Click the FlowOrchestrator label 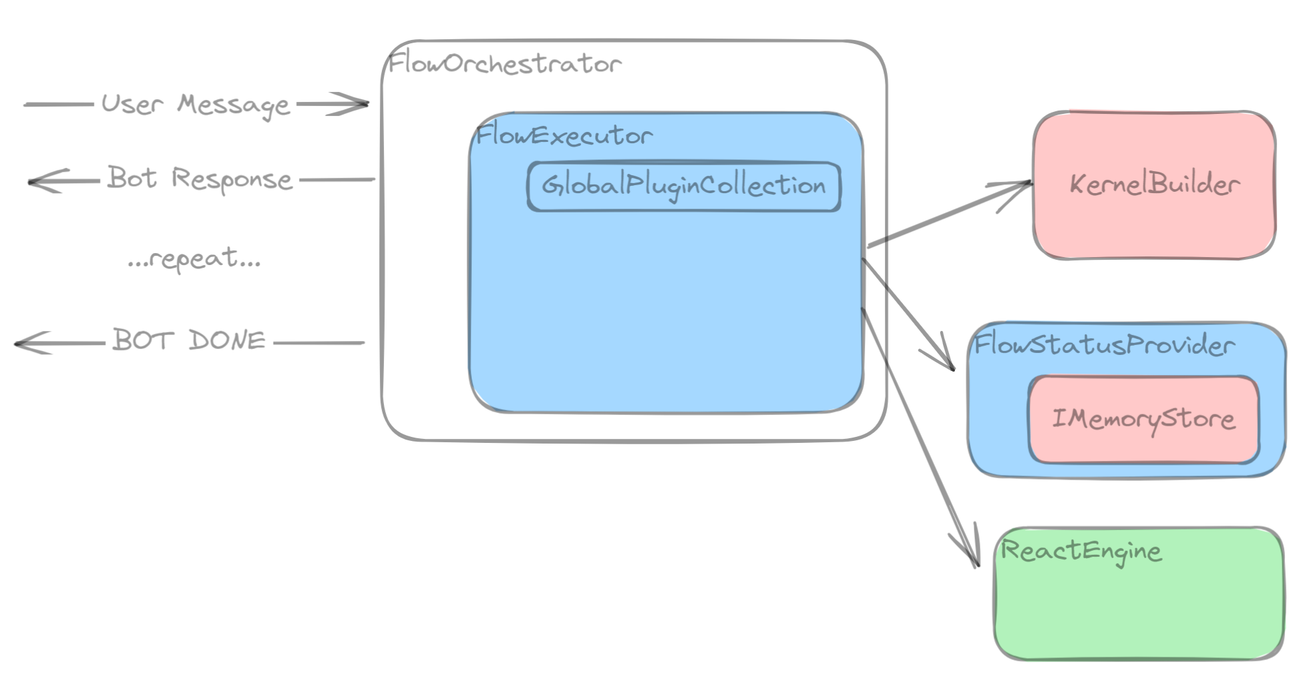point(504,64)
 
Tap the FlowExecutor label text point(564,136)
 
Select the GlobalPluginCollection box point(684,186)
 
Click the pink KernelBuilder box point(1154,184)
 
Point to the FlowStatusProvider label point(1103,345)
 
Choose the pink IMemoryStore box point(1143,419)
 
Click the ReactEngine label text point(1081,551)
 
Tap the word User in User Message point(132,105)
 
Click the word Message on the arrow point(233,105)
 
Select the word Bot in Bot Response point(132,178)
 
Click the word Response point(232,180)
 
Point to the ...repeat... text point(194,258)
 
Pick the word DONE point(227,340)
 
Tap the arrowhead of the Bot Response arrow point(35,181)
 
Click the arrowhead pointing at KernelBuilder point(1025,184)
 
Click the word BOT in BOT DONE point(142,340)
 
